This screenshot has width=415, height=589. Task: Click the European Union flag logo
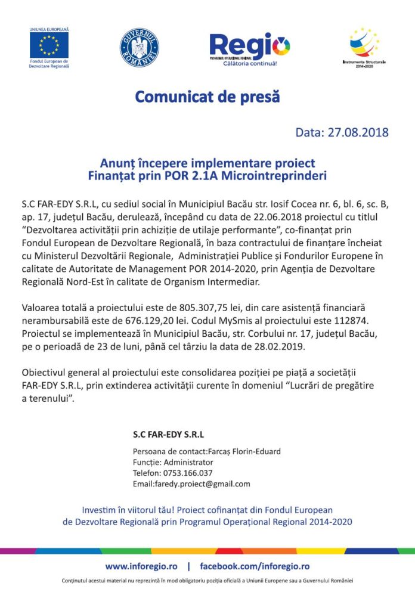[49, 45]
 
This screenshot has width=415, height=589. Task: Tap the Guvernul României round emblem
[139, 46]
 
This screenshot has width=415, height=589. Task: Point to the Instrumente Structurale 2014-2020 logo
[364, 43]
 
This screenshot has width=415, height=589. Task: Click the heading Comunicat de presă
[207, 96]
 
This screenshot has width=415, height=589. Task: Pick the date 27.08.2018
[358, 132]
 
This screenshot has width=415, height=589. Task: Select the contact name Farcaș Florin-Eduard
[243, 451]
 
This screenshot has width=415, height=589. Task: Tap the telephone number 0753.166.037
[189, 473]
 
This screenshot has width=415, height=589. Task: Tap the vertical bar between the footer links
[189, 566]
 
